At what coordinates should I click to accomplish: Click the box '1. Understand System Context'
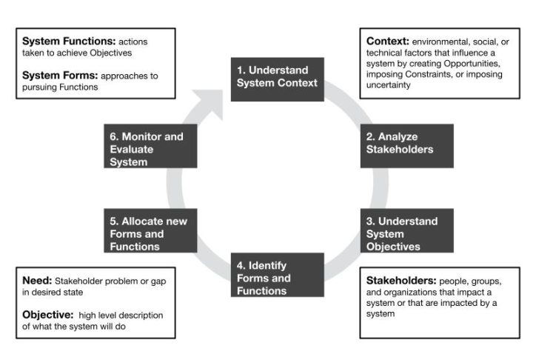[x=277, y=79]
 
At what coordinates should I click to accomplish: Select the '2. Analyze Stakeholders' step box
[x=406, y=146]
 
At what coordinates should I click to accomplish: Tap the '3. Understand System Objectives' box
[x=406, y=230]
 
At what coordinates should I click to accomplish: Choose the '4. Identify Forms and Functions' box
[x=277, y=275]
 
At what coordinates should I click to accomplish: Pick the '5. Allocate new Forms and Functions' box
[x=150, y=230]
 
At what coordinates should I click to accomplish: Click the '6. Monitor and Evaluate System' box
[x=150, y=146]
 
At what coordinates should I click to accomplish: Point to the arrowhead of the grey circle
[x=210, y=102]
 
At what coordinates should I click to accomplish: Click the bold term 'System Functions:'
[x=69, y=41]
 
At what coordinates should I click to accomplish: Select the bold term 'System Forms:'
[x=60, y=76]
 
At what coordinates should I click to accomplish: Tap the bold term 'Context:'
[x=388, y=41]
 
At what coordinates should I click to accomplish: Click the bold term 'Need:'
[x=37, y=280]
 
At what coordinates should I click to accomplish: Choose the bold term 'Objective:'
[x=48, y=315]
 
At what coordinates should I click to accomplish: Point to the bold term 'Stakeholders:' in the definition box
[x=401, y=280]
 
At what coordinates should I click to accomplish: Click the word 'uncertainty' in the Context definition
[x=389, y=85]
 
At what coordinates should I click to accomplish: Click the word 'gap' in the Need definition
[x=158, y=281]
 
